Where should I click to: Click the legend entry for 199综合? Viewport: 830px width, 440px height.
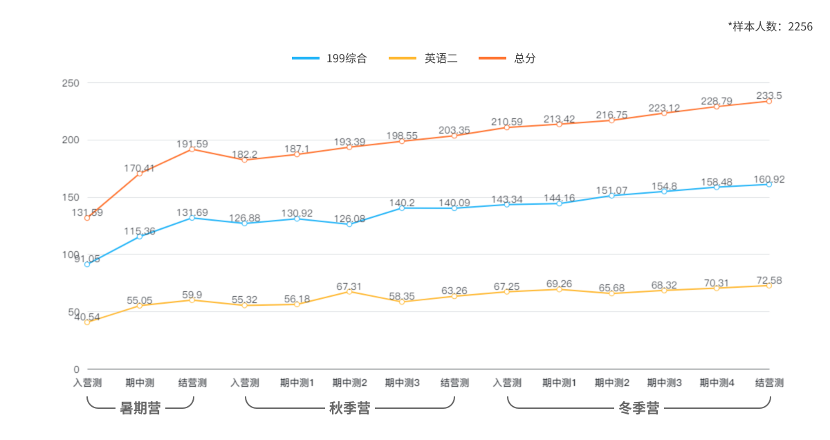[329, 58]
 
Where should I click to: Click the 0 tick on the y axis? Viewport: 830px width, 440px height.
[76, 369]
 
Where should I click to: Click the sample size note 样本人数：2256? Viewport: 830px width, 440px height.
[770, 26]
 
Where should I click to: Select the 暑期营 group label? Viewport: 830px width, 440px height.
[140, 408]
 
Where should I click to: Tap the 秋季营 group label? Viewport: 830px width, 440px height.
[349, 408]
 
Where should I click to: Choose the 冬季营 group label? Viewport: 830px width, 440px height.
[638, 408]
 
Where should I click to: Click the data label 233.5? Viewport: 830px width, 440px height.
[769, 95]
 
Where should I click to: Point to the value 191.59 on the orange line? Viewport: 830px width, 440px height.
[192, 144]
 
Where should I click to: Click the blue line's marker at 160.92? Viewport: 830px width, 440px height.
[769, 185]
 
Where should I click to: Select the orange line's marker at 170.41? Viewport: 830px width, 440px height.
[140, 174]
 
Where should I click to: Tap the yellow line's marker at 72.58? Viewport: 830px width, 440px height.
[769, 286]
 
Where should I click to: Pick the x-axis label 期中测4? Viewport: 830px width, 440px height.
[717, 383]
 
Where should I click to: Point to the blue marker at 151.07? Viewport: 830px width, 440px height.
[611, 196]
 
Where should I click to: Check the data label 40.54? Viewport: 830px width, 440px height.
[86, 318]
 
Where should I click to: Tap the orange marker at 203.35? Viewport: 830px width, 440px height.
[454, 136]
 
